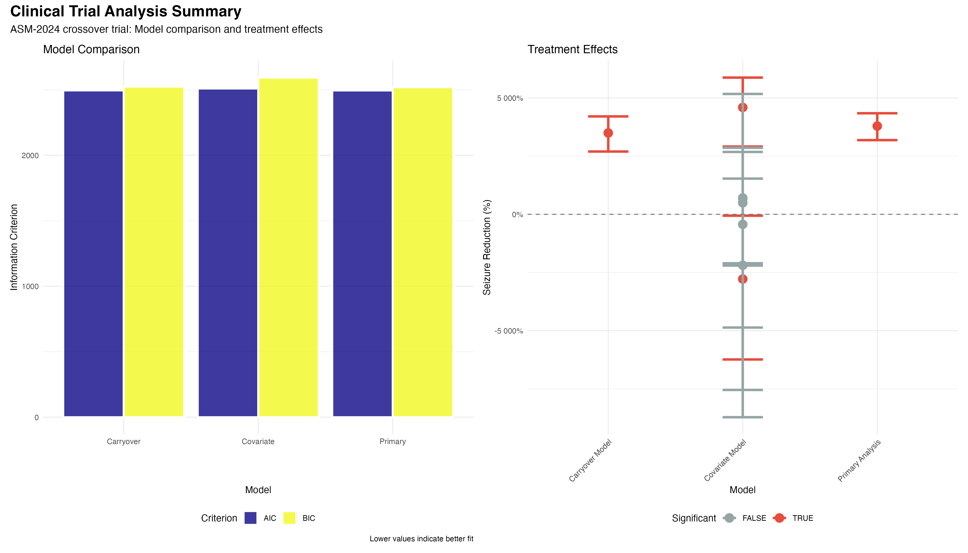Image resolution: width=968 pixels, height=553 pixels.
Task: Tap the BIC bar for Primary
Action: [423, 252]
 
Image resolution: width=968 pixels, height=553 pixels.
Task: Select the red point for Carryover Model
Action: [608, 133]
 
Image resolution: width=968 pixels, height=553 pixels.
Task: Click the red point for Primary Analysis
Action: [877, 126]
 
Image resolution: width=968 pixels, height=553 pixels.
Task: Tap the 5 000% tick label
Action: [510, 98]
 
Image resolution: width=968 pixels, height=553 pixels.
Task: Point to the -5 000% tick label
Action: [508, 331]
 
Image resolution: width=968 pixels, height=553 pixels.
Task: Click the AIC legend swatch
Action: [250, 518]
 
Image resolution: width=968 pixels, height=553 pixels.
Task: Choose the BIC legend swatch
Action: [289, 518]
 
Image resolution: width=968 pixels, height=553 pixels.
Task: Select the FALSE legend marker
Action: [729, 518]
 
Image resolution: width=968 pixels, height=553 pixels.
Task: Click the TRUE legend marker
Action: [779, 518]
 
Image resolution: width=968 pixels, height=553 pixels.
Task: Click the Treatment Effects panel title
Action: [572, 49]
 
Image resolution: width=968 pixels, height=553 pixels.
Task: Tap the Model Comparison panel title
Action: [91, 49]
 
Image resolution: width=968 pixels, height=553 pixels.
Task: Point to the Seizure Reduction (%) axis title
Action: [487, 247]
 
